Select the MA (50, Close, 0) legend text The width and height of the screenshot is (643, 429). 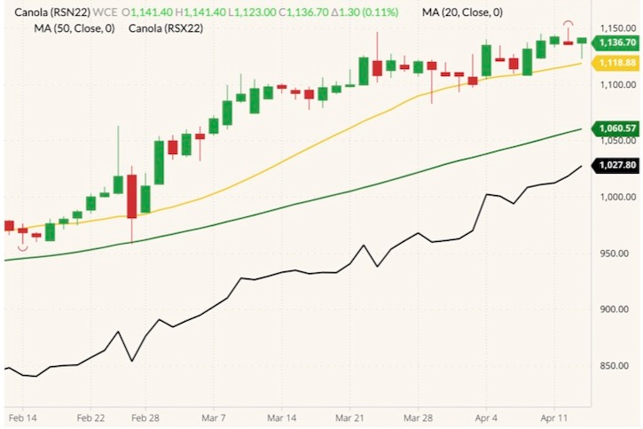(x=74, y=28)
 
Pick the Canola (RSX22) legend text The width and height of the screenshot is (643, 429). (x=166, y=28)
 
